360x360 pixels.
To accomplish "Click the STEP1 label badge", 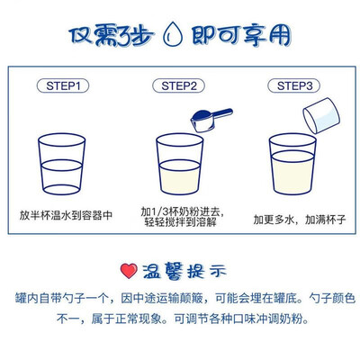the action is pos(63,86).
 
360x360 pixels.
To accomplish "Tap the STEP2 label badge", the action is pos(179,86).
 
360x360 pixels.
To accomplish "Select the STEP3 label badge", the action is pos(294,86).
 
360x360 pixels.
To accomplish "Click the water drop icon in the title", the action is pos(173,34).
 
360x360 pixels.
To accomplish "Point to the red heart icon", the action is pos(129,271).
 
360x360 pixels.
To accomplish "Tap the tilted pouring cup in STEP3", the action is pos(321,115).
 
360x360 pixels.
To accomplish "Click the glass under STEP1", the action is pos(62,164).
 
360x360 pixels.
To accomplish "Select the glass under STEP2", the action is pos(180,164).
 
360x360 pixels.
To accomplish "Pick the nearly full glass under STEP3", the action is pos(292,164).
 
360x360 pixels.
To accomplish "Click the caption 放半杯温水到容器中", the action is pos(66,215).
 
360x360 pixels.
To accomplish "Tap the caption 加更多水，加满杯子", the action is pos(300,220).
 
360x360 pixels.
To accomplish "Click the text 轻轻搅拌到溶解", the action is pos(181,222).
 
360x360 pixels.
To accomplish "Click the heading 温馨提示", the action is pos(184,271).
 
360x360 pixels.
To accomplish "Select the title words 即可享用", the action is pos(241,35).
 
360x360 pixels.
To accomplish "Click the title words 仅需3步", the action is pos(111,36).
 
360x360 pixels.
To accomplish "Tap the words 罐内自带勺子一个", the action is pos(62,299).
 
